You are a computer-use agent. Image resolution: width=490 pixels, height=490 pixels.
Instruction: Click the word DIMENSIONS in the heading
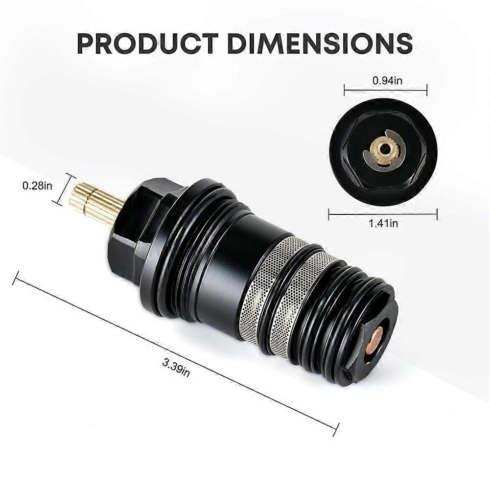pos(321,44)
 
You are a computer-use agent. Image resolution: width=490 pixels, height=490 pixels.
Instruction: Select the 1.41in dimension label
pos(383,224)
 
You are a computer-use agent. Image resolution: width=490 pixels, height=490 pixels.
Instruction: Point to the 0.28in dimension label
pos(37,186)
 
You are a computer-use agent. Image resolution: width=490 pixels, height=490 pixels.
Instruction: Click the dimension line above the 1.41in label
pos(383,213)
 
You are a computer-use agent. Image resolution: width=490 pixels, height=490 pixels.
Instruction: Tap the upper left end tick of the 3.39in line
pos(17,278)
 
